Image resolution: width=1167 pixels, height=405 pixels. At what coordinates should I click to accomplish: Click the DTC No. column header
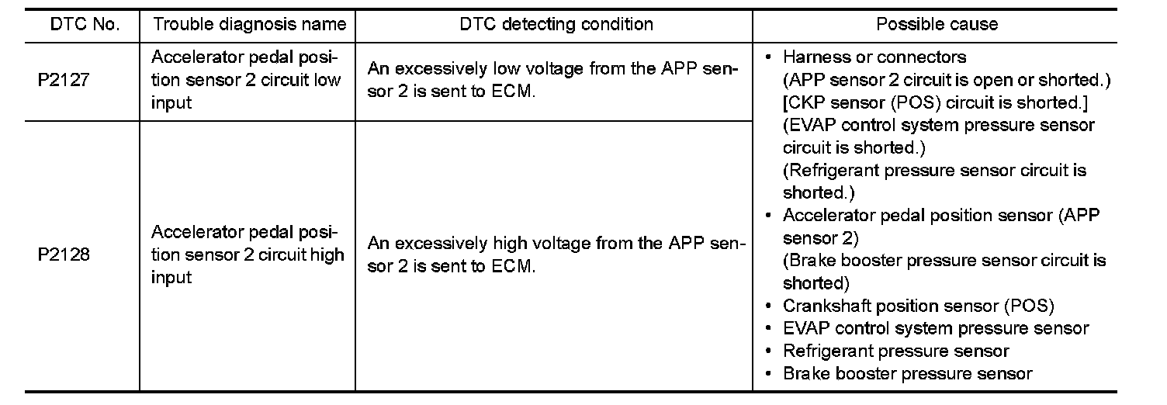coord(85,25)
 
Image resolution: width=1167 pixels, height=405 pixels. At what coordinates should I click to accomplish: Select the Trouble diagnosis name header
coord(249,25)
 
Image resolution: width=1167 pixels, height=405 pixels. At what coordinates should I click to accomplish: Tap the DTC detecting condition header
coord(556,25)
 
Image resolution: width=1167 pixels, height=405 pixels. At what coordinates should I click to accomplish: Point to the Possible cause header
coord(937,25)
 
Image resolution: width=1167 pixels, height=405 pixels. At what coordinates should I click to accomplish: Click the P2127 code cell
coord(64,80)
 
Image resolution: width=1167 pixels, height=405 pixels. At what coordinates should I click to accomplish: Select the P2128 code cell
coord(64,254)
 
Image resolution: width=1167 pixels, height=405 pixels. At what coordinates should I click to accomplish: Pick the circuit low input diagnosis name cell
coord(246,80)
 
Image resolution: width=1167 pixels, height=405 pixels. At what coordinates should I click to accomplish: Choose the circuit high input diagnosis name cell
coord(248,254)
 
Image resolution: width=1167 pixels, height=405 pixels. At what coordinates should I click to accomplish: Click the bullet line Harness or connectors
coord(874,57)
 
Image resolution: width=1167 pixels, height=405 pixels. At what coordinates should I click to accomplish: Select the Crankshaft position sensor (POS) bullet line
coord(918,306)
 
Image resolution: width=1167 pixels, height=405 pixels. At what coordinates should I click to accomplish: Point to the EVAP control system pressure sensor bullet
coord(936,328)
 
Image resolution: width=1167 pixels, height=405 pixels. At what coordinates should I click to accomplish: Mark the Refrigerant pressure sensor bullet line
coord(895,351)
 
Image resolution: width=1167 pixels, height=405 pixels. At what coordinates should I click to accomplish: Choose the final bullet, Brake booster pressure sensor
coord(907,374)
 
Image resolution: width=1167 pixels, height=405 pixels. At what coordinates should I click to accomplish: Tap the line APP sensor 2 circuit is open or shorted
coord(947,80)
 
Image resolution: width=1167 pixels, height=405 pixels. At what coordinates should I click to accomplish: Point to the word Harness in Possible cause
coord(812,57)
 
